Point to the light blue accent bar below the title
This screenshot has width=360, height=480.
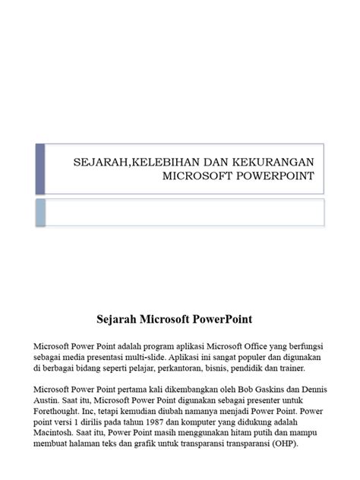[x=40, y=212]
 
